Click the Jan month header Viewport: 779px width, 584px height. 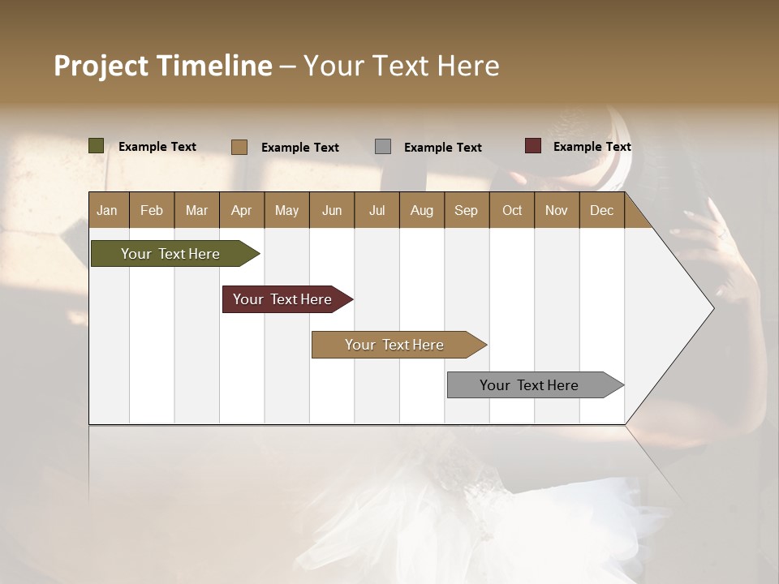[x=108, y=210]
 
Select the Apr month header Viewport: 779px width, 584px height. [x=242, y=210]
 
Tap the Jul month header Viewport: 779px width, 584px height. [x=377, y=210]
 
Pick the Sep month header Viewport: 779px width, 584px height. [x=467, y=210]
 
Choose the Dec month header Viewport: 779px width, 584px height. [x=602, y=210]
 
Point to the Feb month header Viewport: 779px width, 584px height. [x=152, y=210]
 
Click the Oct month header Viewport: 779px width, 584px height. [x=512, y=210]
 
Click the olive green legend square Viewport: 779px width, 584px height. [x=97, y=146]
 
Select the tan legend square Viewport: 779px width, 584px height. [x=239, y=147]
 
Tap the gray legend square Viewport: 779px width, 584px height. [x=383, y=147]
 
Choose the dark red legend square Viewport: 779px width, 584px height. [x=533, y=146]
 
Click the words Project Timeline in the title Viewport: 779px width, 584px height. [x=162, y=66]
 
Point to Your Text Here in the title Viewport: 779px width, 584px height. [x=401, y=66]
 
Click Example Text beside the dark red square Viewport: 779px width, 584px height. [x=592, y=147]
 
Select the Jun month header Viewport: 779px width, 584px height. [x=332, y=210]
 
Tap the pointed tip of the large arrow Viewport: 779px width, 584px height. [x=712, y=307]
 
